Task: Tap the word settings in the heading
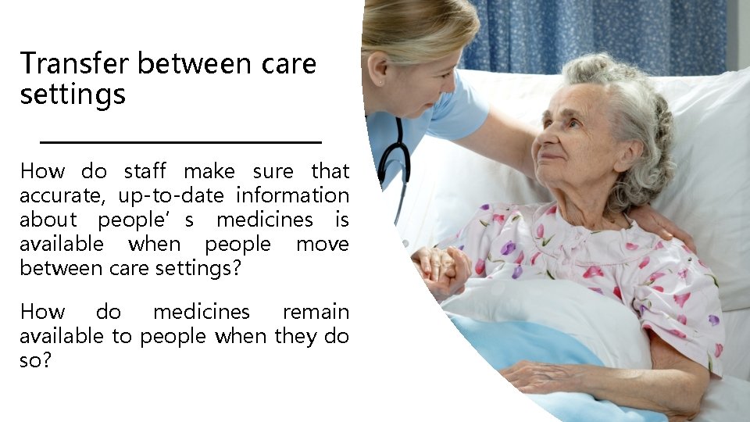72,95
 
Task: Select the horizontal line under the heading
180,142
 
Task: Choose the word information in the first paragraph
292,195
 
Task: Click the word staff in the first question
145,170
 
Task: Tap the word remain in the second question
316,312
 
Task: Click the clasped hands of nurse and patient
442,269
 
